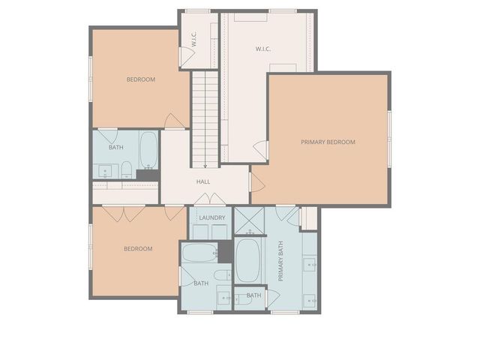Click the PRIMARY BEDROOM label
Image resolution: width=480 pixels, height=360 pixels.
[328, 142]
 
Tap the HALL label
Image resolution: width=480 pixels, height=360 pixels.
[203, 181]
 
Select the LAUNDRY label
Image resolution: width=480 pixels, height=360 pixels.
[212, 217]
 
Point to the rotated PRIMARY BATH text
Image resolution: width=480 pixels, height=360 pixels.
[281, 264]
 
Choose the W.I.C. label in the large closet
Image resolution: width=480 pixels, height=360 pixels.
[262, 50]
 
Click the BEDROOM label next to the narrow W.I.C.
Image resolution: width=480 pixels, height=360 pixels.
[140, 79]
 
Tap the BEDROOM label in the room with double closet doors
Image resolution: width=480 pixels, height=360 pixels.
[138, 248]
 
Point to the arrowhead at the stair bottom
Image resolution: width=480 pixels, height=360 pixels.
[204, 166]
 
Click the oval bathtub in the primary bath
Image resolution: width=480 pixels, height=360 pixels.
[247, 259]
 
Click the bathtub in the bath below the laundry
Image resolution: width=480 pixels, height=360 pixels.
[199, 253]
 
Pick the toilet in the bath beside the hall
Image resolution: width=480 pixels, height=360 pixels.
[127, 169]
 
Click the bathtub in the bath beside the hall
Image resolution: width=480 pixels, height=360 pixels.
[148, 149]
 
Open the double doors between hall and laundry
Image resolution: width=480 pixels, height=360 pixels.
[209, 199]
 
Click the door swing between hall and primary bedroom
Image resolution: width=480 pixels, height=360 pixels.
[256, 181]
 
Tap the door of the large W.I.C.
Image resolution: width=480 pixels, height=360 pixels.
[260, 150]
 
